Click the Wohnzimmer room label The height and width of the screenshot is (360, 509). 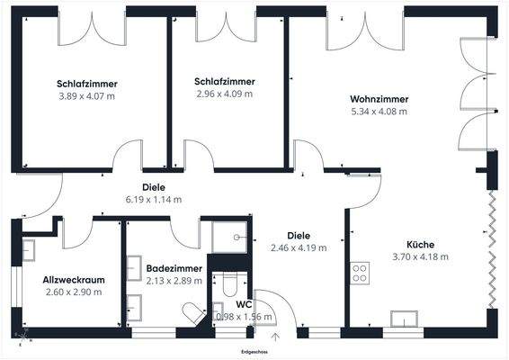(x=380, y=99)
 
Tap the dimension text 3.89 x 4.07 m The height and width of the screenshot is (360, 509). (x=88, y=95)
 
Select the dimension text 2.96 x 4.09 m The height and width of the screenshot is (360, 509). (x=224, y=93)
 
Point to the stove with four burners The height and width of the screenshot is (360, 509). (x=360, y=273)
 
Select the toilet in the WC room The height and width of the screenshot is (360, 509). (x=229, y=286)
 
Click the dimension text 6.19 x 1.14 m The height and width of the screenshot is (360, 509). (x=154, y=200)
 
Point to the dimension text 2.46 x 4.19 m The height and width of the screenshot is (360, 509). (x=299, y=247)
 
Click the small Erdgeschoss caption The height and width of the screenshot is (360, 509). (x=254, y=350)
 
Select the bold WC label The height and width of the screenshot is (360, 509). (x=244, y=304)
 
